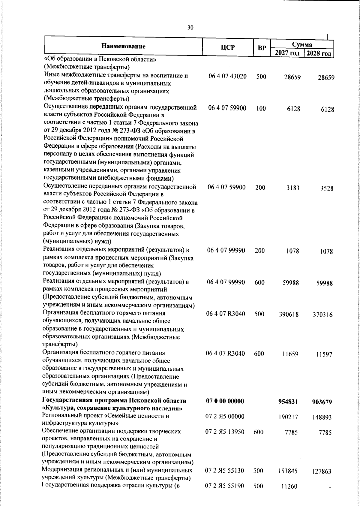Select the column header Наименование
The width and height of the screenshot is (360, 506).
[x=123, y=46]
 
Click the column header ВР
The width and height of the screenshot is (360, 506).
[x=262, y=48]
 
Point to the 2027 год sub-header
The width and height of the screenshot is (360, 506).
[x=287, y=53]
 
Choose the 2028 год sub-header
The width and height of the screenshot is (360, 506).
[x=319, y=54]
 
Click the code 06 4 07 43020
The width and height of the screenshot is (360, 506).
[x=228, y=76]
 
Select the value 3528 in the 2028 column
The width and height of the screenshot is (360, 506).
[x=326, y=188]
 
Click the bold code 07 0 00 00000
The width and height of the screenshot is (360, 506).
[x=225, y=401]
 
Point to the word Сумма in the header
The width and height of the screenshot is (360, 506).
[x=302, y=44]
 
